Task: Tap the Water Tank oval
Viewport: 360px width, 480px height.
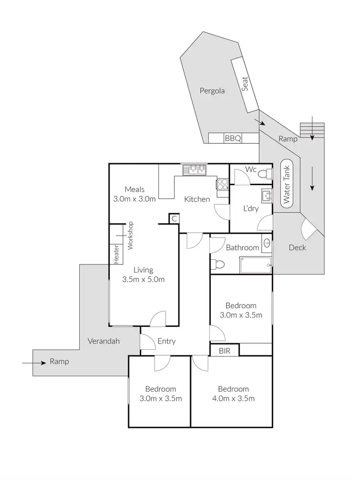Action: click(x=287, y=183)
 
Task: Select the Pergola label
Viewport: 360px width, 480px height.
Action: click(x=212, y=91)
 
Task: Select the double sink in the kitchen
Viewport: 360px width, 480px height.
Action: click(x=194, y=169)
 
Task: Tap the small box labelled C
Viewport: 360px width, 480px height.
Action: click(x=174, y=219)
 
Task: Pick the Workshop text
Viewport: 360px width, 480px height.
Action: click(x=130, y=235)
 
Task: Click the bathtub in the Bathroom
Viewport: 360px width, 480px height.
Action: click(x=255, y=264)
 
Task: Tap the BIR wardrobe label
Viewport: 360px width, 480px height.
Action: click(x=225, y=351)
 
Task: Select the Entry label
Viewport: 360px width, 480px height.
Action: click(x=167, y=341)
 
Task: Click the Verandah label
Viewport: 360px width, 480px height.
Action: click(x=104, y=341)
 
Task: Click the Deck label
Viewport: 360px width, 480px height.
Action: click(x=297, y=248)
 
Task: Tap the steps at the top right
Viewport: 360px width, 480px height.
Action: click(x=312, y=130)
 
